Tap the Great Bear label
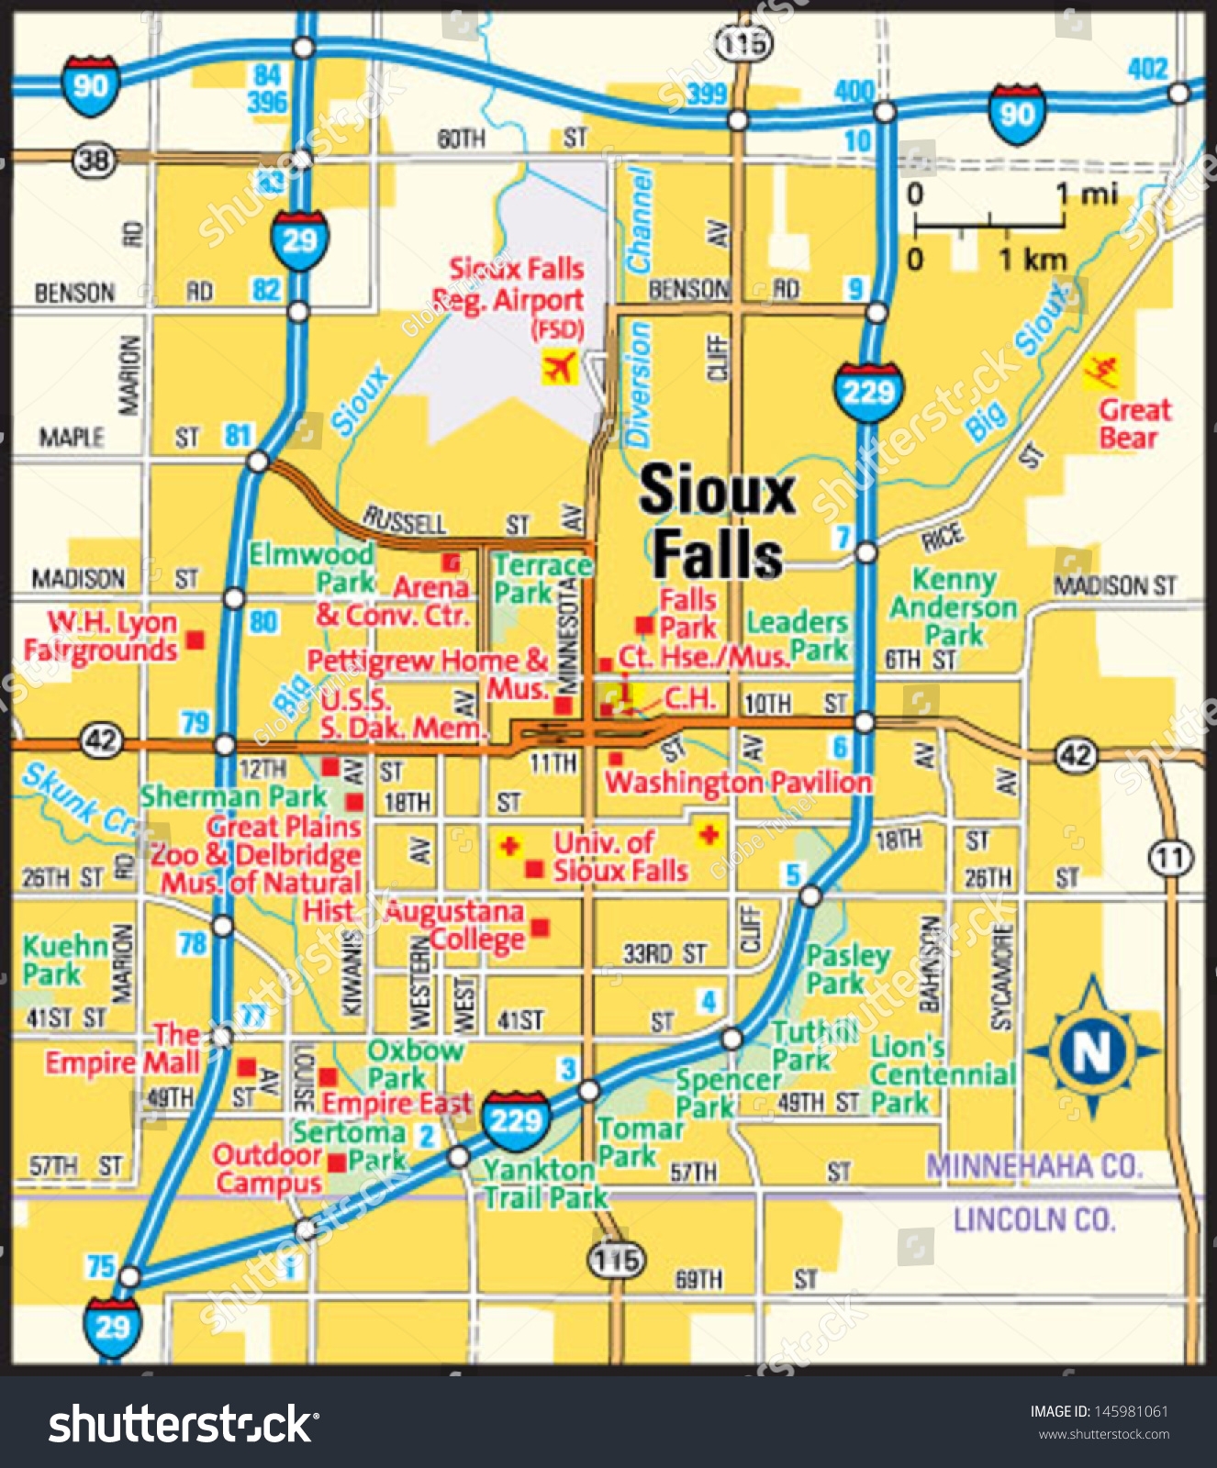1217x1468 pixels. click(x=1134, y=423)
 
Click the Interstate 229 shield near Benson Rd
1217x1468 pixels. click(x=868, y=392)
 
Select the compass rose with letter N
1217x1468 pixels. click(x=1091, y=1049)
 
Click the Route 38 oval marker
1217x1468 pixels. click(x=94, y=161)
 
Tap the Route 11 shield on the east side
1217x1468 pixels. click(x=1169, y=859)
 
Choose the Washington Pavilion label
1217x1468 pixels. click(x=738, y=783)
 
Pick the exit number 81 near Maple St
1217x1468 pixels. click(x=238, y=435)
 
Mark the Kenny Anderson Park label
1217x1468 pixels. click(x=954, y=606)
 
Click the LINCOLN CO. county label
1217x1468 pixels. click(x=1033, y=1220)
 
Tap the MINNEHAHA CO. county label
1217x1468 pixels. click(x=1033, y=1166)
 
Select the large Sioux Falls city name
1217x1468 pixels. click(x=717, y=520)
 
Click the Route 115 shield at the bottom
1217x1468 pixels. click(x=616, y=1260)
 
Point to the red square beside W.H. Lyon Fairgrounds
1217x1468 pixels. click(x=195, y=639)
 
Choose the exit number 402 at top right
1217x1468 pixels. click(x=1146, y=69)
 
